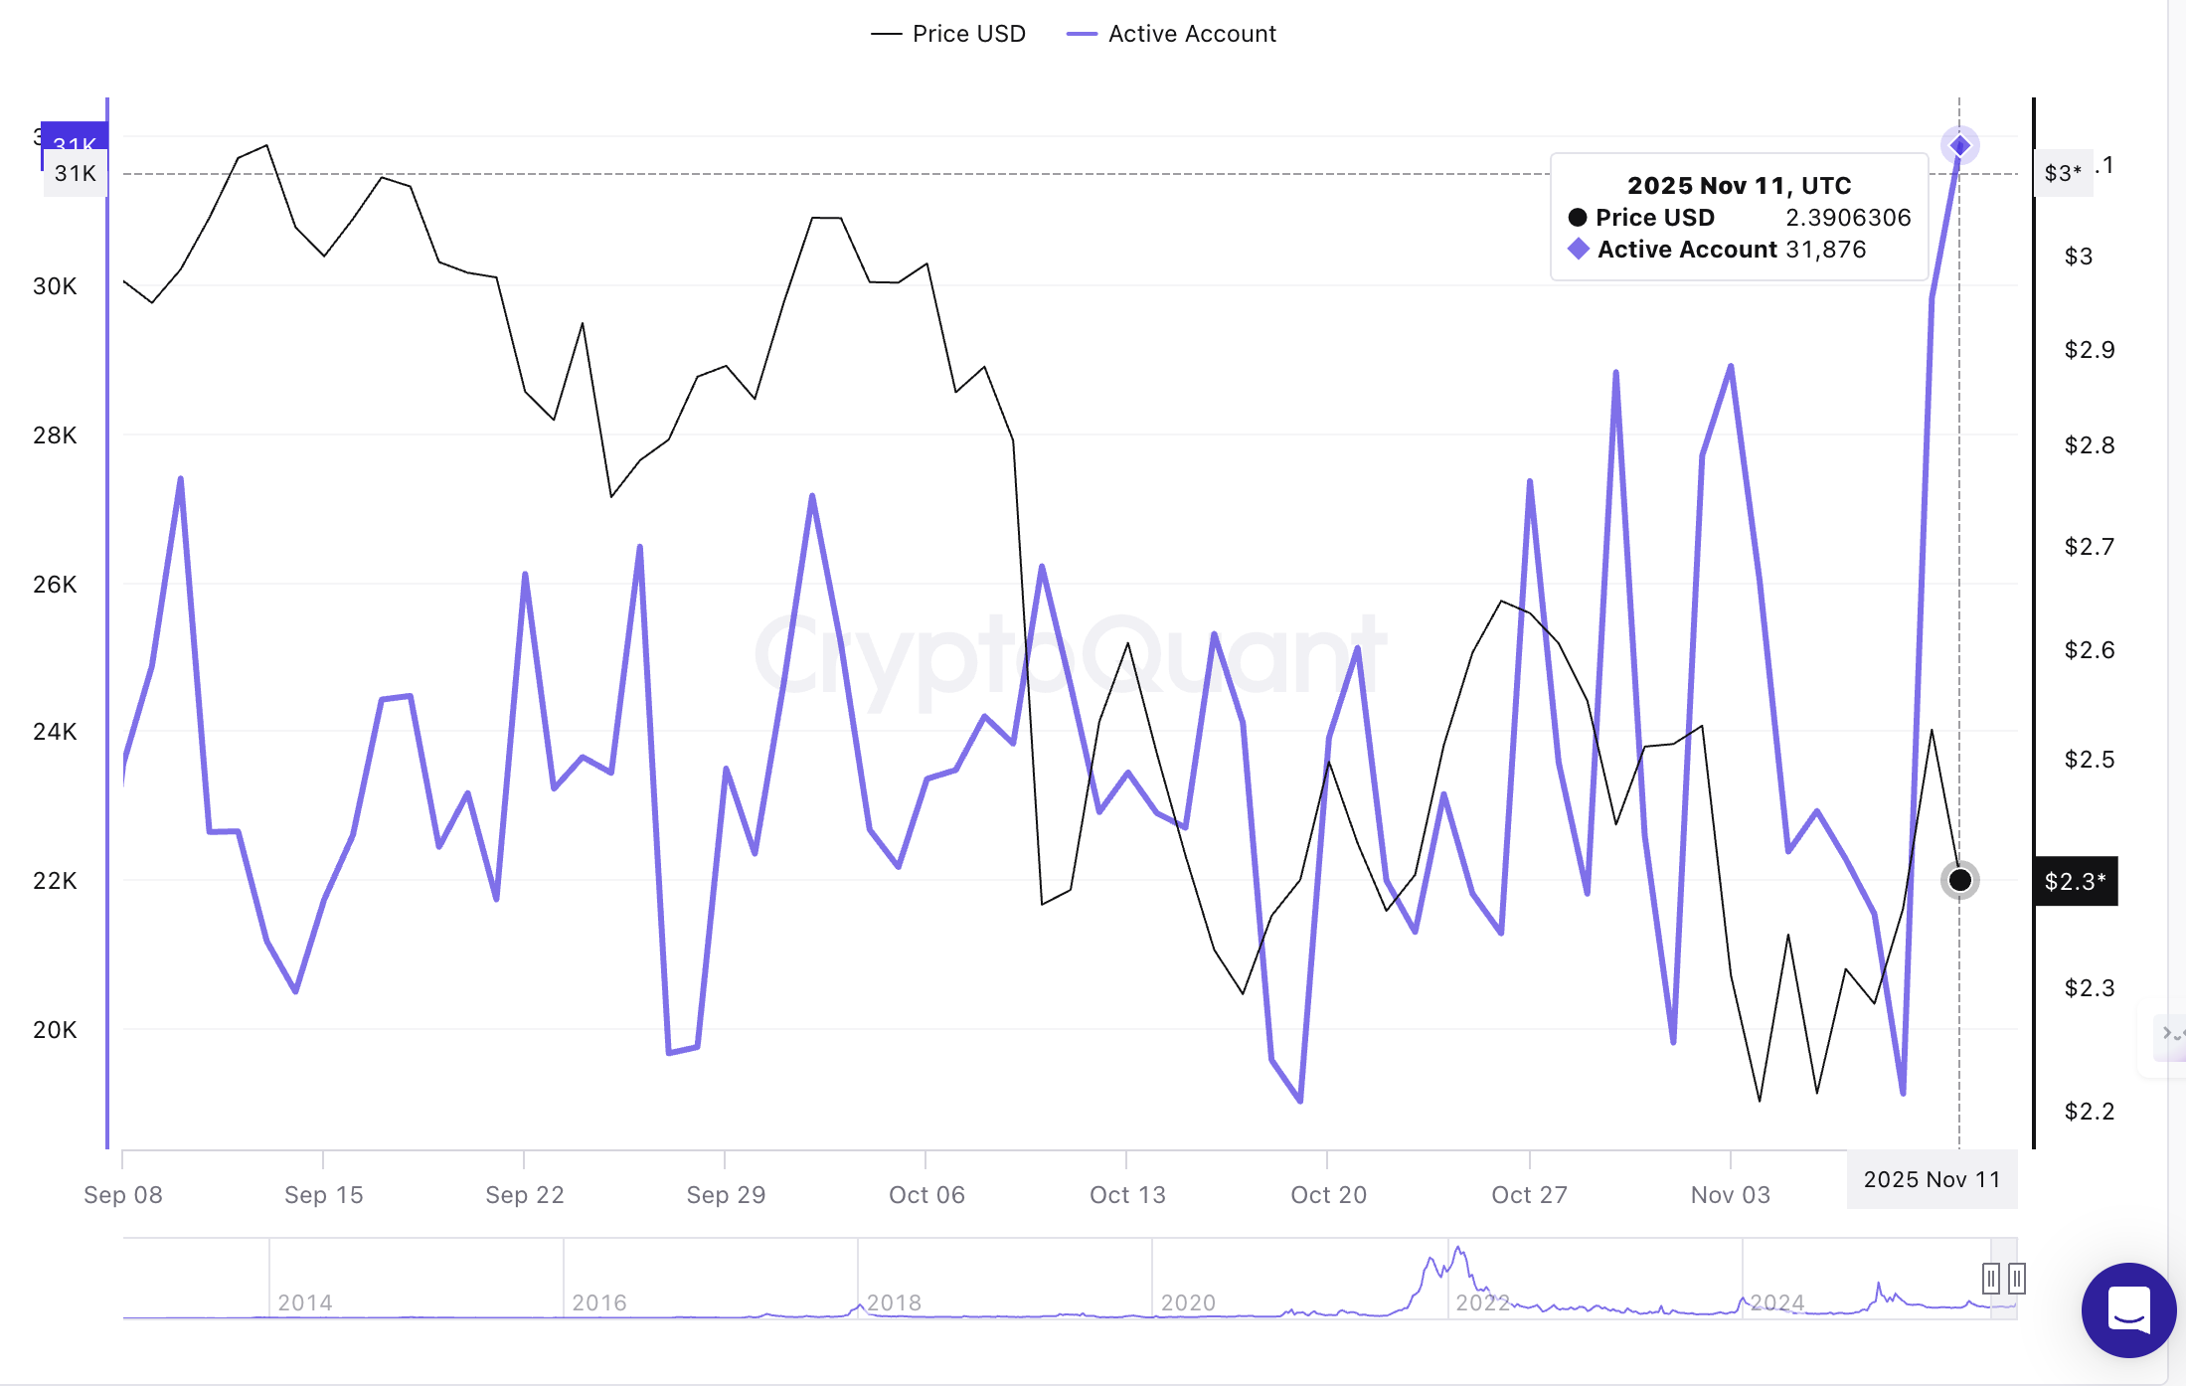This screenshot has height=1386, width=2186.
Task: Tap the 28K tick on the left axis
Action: (55, 435)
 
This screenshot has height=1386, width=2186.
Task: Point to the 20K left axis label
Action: (55, 1030)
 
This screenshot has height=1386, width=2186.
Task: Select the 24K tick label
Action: (55, 732)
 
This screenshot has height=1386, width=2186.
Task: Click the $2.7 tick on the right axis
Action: (2089, 547)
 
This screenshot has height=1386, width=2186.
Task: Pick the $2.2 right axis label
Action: (2089, 1112)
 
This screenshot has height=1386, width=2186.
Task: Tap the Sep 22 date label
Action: (525, 1195)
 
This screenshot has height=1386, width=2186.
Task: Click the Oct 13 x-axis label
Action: (1127, 1195)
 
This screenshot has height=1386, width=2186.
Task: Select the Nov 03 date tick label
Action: (1730, 1195)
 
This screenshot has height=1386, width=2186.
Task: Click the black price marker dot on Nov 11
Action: (1959, 880)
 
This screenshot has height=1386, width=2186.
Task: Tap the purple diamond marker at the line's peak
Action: (1959, 146)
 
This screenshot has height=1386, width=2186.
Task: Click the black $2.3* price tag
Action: (2075, 881)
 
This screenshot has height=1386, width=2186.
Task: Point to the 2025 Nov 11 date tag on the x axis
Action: (1932, 1180)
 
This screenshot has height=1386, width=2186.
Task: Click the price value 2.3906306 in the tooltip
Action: (1847, 218)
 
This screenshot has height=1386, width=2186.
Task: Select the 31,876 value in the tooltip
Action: (1825, 250)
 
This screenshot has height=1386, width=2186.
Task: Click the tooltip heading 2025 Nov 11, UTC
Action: (1739, 186)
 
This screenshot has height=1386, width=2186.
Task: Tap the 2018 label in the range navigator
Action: (894, 1302)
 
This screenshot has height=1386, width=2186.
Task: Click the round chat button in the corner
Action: (2128, 1309)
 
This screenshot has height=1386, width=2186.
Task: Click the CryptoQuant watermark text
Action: (1070, 656)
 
